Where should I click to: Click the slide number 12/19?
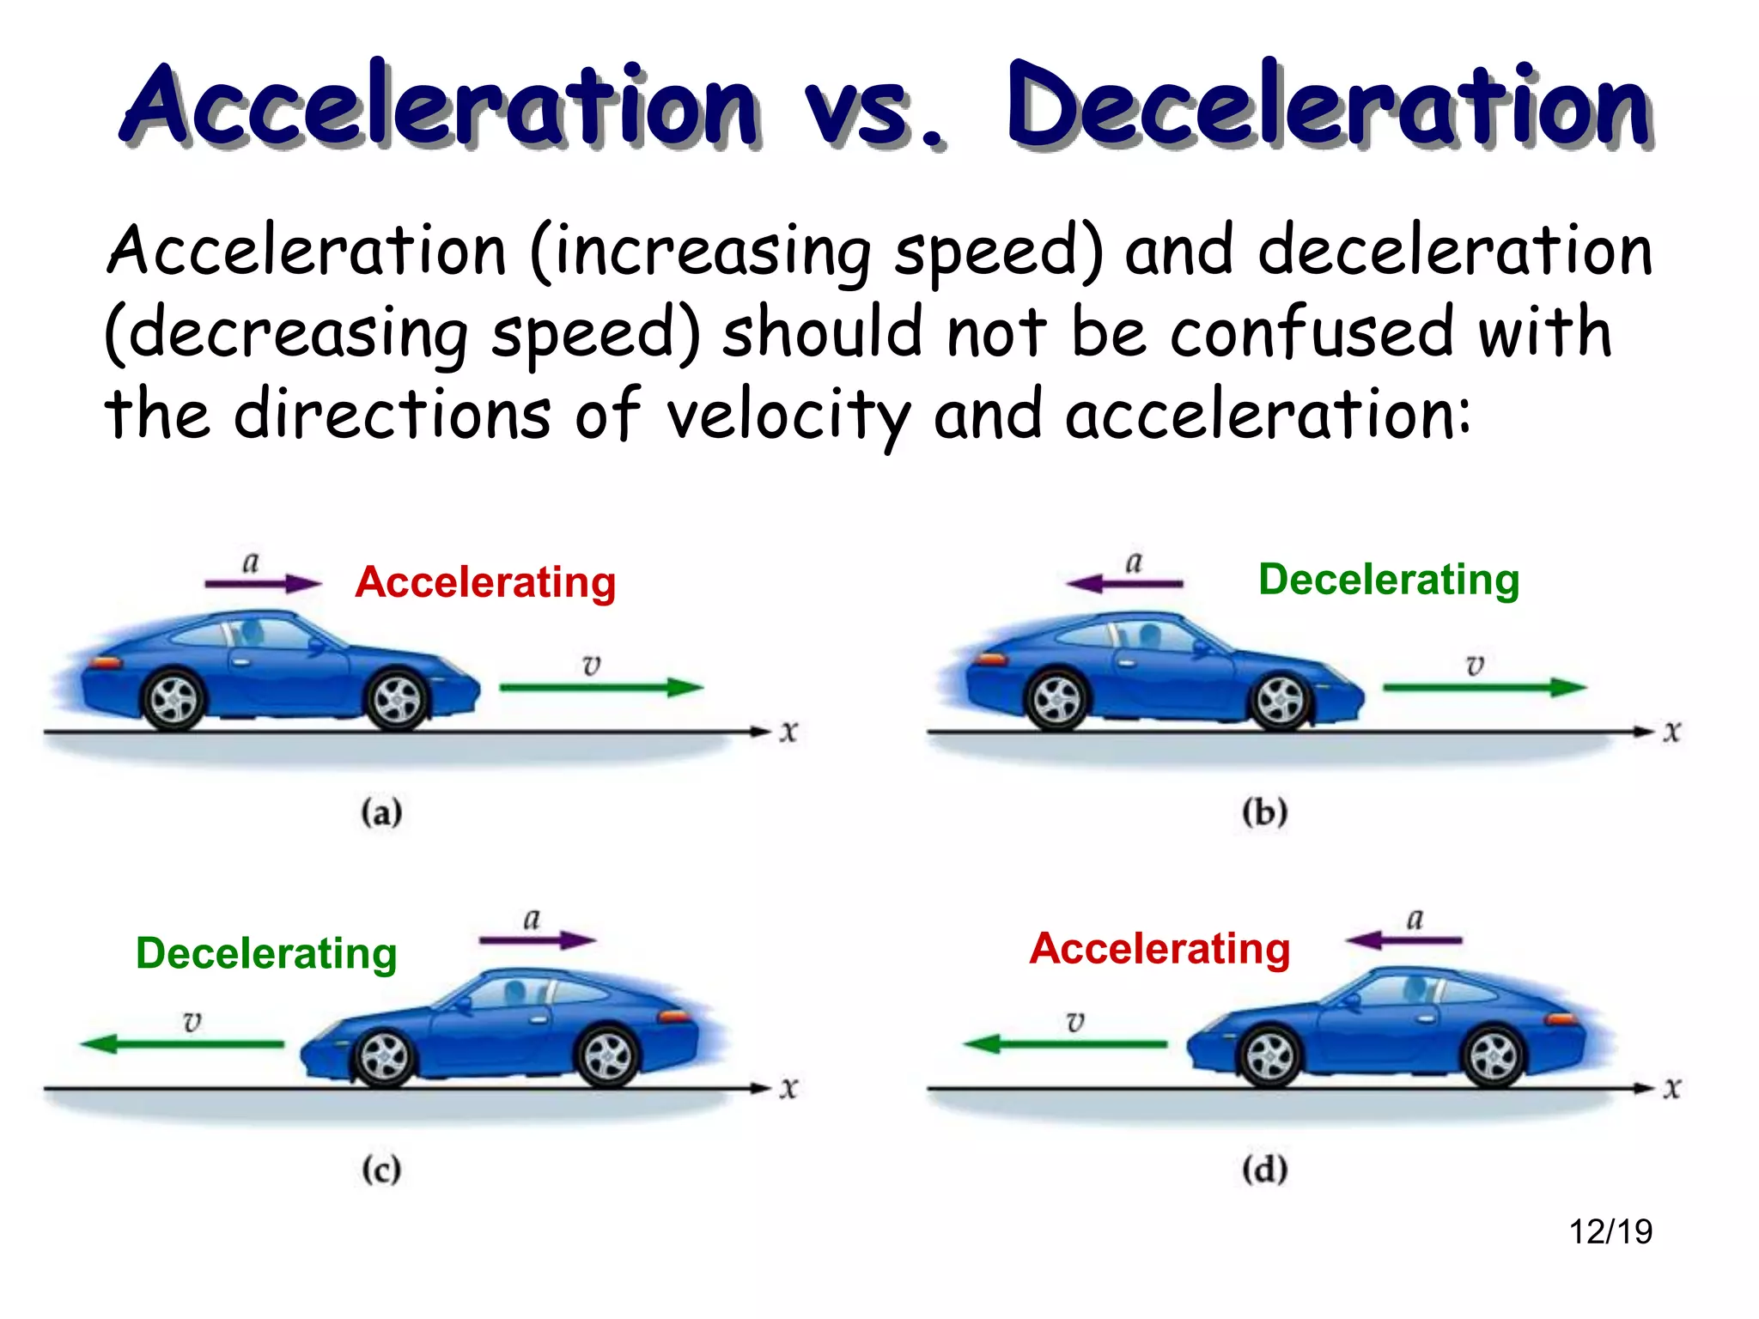[x=1610, y=1231]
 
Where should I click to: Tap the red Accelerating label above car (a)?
[x=485, y=582]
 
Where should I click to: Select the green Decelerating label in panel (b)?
[x=1389, y=580]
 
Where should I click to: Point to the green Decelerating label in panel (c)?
[x=266, y=953]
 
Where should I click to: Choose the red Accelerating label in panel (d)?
[x=1159, y=949]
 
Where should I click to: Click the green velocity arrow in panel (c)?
[x=182, y=1044]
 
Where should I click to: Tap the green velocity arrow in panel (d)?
[x=1065, y=1044]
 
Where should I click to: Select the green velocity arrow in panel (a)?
[x=601, y=687]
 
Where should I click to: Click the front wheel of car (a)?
[x=398, y=700]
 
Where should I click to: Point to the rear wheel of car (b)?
[x=1057, y=700]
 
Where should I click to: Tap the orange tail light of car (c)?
[x=675, y=1017]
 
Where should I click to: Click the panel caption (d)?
[x=1264, y=1170]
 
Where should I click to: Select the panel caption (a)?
[x=381, y=812]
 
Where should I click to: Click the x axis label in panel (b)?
[x=1671, y=732]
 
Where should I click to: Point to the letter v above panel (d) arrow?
[x=1075, y=1022]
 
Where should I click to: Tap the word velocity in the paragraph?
[x=788, y=416]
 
